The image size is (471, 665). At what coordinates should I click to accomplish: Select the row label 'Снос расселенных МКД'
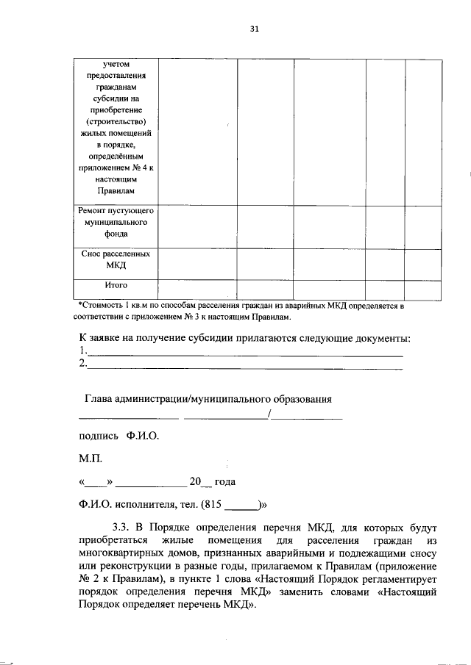tap(116, 259)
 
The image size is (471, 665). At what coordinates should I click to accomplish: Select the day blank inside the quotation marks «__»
tap(97, 483)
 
